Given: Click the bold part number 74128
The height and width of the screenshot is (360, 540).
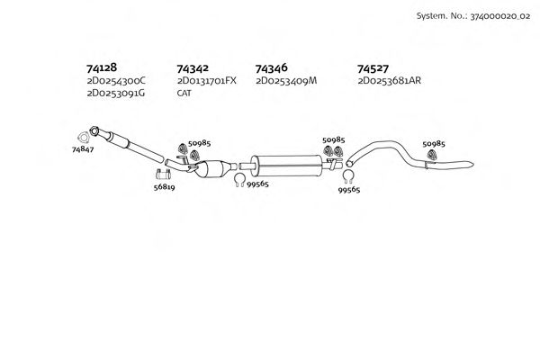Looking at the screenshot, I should pos(102,67).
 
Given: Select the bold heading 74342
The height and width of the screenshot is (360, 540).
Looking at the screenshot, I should pos(193,68).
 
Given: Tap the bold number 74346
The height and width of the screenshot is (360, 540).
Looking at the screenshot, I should pos(272,67).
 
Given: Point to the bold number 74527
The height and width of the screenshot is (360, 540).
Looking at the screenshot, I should pos(373,67).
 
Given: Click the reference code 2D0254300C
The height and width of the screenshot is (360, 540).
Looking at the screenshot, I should pos(116,81).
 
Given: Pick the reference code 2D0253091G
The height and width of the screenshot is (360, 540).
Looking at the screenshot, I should pos(116,93).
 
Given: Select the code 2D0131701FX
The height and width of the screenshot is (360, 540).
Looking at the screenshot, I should pos(207,81).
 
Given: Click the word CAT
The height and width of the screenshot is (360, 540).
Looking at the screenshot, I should pos(184,93).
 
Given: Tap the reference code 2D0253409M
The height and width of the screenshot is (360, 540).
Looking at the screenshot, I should pos(287,81).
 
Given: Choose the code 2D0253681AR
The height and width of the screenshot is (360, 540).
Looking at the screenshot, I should pos(390,81).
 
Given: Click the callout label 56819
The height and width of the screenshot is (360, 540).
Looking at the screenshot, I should pos(163,188).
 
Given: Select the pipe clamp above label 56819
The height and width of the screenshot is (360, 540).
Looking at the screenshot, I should pos(164,174).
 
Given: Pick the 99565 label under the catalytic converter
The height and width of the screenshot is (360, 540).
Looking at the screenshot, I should pos(257,183).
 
